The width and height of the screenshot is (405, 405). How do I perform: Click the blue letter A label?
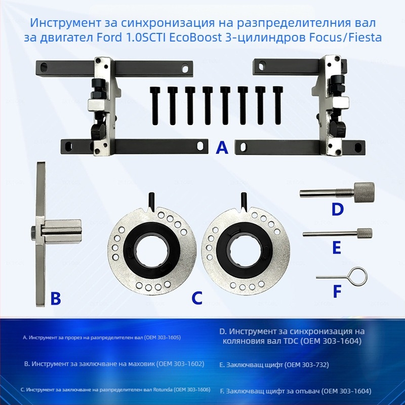222,148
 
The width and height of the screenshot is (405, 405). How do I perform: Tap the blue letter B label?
56,298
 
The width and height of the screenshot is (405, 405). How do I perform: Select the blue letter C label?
197,298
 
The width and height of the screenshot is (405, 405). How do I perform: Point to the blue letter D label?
337,209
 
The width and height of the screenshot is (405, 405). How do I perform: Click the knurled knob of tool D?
364,193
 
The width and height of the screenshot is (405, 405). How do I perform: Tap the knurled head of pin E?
364,233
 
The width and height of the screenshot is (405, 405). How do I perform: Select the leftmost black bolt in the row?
154,105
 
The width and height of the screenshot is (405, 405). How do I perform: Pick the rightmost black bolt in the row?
278,105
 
